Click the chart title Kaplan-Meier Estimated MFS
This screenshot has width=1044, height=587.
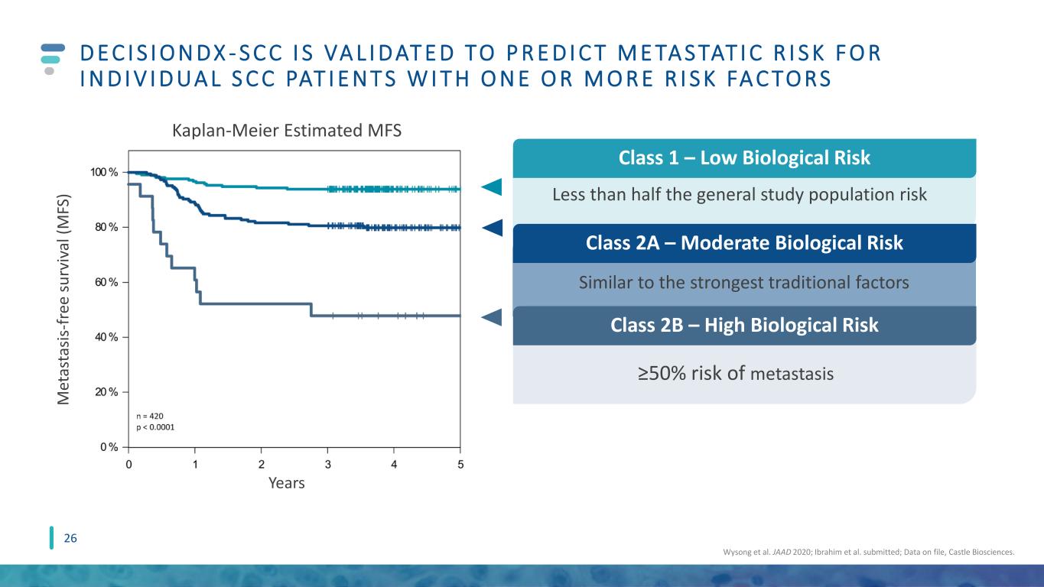click(287, 131)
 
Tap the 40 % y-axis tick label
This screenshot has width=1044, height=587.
click(106, 337)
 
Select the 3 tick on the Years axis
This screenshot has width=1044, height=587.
click(327, 465)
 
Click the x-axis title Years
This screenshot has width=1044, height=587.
click(286, 483)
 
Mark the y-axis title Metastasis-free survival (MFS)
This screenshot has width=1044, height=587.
click(63, 300)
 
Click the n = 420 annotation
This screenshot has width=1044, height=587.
click(150, 416)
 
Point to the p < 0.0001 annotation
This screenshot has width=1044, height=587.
click(155, 427)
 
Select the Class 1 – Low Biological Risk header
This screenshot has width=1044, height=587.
click(744, 158)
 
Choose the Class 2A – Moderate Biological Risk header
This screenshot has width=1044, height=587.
click(744, 243)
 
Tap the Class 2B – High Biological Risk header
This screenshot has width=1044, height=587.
click(744, 325)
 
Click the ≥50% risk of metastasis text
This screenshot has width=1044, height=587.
click(736, 374)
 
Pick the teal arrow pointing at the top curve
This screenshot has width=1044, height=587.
click(492, 186)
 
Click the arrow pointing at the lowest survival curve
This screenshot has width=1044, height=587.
click(492, 317)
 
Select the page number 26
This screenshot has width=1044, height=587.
click(70, 538)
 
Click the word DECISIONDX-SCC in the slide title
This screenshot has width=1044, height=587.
click(182, 53)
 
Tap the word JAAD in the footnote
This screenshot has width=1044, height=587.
click(782, 552)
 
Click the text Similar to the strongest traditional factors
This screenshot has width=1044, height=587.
click(744, 283)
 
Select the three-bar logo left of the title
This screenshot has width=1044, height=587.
click(53, 59)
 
